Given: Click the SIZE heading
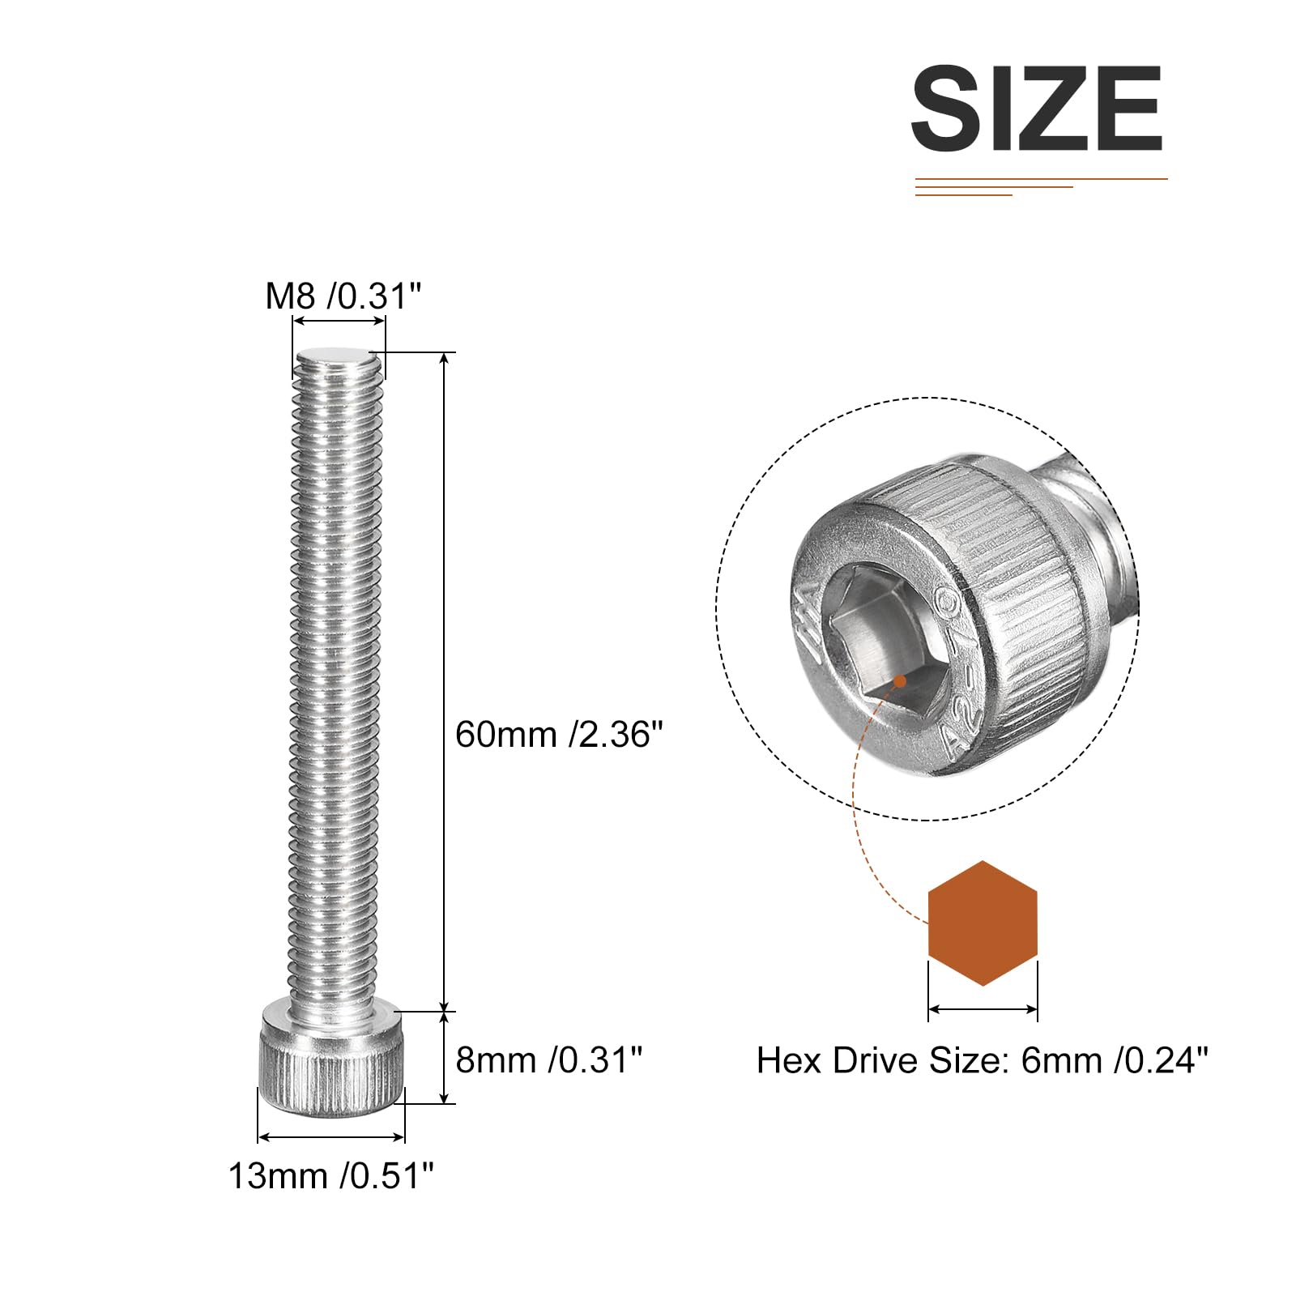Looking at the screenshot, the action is coord(1037,109).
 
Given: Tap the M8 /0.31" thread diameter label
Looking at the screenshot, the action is coord(343,296).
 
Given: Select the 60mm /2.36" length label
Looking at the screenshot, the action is coord(559,735).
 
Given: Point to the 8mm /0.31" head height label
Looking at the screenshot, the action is coord(549,1059).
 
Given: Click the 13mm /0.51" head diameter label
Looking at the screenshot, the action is coord(331,1175).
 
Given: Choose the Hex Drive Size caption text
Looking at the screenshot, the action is coord(982,1059).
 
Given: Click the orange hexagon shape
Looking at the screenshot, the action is coord(983,923).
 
